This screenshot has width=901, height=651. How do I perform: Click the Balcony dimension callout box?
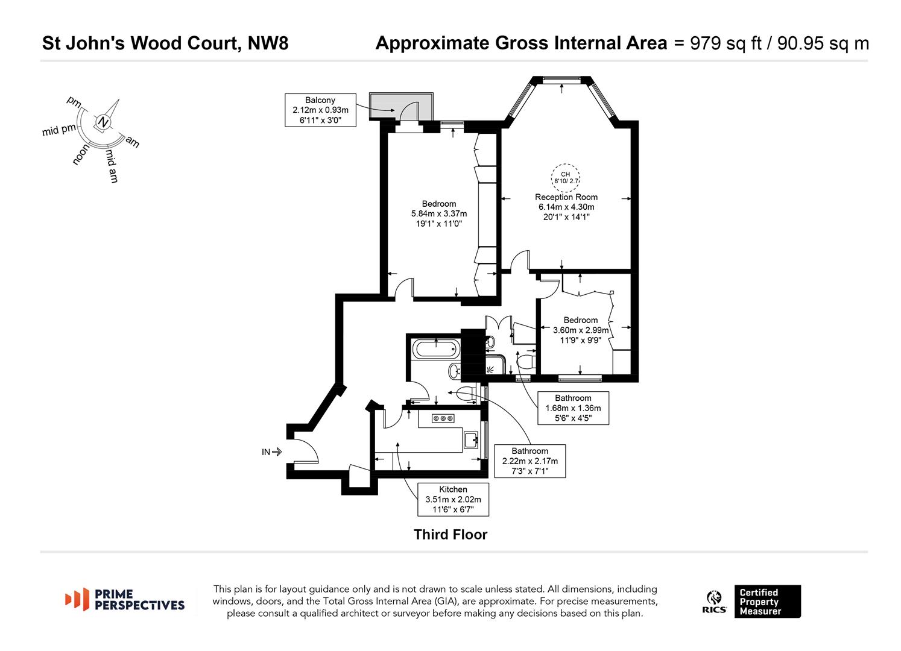pos(320,110)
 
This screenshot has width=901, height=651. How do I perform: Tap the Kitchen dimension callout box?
pos(453,499)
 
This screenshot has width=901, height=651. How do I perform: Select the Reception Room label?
pos(566,197)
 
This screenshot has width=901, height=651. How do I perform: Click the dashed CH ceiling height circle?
pos(566,175)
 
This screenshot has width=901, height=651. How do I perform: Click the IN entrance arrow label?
pos(271,451)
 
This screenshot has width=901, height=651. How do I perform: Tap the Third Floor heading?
pos(450,535)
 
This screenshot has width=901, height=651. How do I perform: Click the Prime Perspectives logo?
pos(125,600)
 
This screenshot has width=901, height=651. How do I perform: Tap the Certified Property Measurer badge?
pos(767,602)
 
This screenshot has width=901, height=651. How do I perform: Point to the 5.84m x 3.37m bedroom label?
pos(438,213)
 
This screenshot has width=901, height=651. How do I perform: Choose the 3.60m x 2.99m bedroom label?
pos(581,330)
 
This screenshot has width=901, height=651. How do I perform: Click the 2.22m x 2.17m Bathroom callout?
pos(530,461)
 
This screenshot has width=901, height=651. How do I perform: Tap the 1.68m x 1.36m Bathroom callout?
pos(573,408)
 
